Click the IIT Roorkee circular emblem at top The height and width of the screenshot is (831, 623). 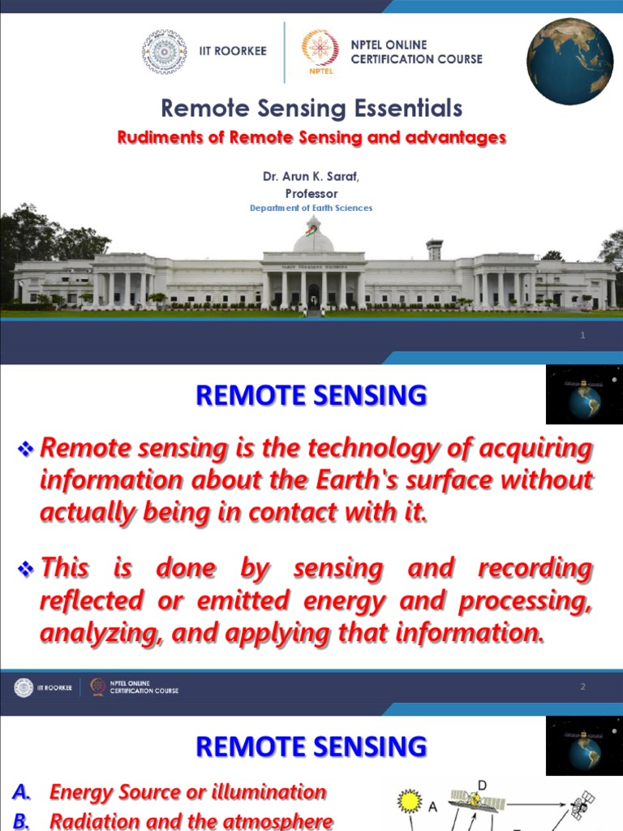[164, 52]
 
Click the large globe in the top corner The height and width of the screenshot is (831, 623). [570, 62]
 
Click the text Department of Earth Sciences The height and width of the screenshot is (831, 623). [311, 209]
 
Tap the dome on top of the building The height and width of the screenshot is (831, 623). [312, 239]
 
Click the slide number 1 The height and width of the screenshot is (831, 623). [582, 337]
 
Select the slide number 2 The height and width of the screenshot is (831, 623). [582, 687]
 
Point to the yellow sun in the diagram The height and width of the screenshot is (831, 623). [410, 801]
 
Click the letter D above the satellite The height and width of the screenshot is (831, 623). [483, 785]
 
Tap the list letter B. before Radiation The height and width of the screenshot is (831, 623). [22, 821]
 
